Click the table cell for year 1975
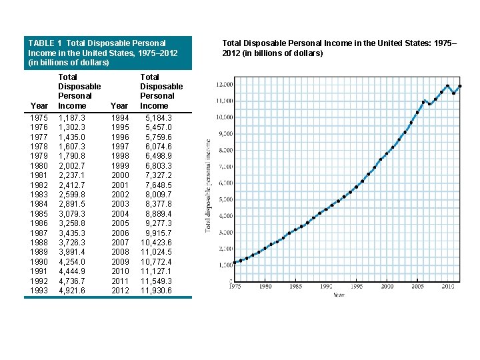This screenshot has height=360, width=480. click(x=39, y=117)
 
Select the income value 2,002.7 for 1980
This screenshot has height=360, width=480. click(x=71, y=165)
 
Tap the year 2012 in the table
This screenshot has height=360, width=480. click(x=120, y=291)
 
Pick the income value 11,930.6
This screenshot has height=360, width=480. click(x=155, y=291)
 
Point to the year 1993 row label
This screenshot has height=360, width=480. click(x=39, y=291)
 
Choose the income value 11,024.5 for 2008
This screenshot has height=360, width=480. click(x=155, y=252)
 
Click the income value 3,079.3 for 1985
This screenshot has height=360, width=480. click(x=71, y=213)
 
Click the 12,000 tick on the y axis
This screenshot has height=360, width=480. click(x=225, y=85)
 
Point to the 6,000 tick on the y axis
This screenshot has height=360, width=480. click(x=225, y=183)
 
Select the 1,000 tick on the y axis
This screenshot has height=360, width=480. click(x=225, y=265)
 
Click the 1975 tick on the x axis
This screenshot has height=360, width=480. click(x=235, y=286)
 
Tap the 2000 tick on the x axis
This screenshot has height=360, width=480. click(x=387, y=286)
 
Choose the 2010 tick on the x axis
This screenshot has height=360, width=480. click(x=447, y=286)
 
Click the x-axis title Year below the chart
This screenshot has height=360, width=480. click(x=340, y=294)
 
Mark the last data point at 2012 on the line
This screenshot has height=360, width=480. click(x=460, y=86)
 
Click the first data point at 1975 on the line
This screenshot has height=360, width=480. click(x=235, y=263)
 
